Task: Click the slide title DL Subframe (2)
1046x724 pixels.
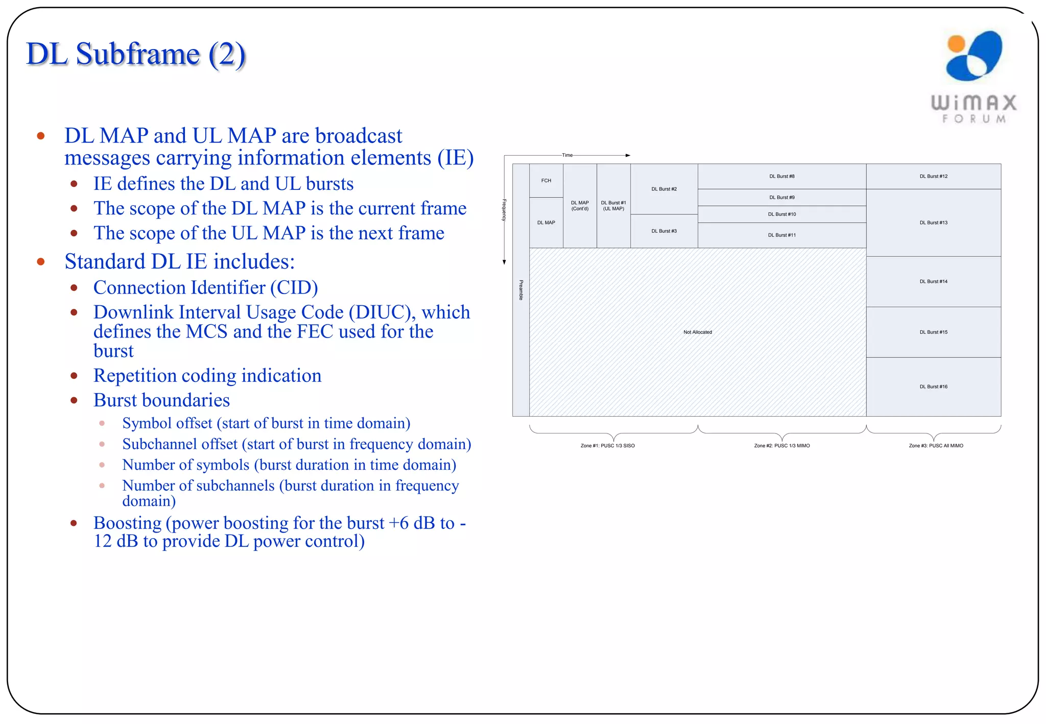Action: click(136, 54)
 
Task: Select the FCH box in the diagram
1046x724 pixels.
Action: click(546, 180)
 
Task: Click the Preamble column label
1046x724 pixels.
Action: click(521, 289)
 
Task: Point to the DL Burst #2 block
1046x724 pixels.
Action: click(664, 189)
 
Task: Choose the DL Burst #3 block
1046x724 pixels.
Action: click(664, 231)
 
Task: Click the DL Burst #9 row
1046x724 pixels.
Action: click(781, 197)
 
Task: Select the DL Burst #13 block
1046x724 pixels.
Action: click(933, 223)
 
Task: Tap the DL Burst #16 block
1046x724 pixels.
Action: click(933, 387)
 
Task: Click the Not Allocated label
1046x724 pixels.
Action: click(697, 332)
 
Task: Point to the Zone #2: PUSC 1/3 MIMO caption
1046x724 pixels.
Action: click(781, 446)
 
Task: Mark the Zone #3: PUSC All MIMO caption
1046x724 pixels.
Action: click(936, 446)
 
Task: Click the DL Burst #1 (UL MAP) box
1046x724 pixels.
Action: click(613, 206)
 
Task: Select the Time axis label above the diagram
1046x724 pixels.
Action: click(567, 155)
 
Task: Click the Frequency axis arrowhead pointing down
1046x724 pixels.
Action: click(504, 262)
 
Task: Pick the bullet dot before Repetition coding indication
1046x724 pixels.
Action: click(74, 376)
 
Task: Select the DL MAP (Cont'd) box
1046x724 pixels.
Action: click(580, 206)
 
